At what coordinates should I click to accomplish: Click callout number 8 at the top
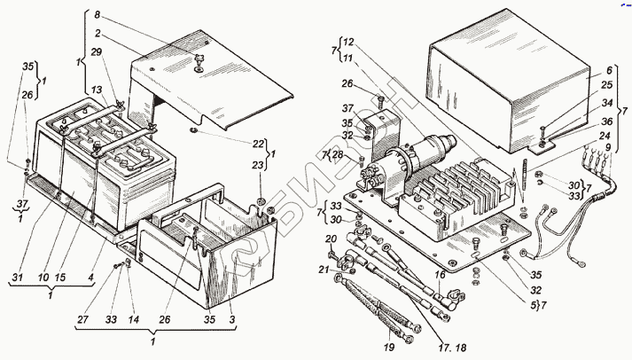tap(98, 15)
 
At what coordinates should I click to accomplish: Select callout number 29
tap(98, 53)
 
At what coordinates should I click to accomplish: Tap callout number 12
tap(348, 42)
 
